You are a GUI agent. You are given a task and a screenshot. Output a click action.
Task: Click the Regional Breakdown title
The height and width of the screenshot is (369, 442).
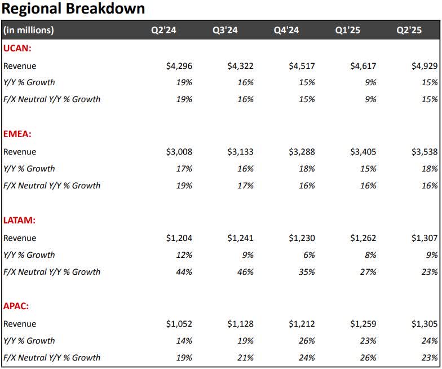pos(73,9)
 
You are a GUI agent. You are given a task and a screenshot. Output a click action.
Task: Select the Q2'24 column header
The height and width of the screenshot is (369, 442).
pos(163,30)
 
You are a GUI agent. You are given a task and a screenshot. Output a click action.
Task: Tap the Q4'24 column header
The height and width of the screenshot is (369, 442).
pos(286,30)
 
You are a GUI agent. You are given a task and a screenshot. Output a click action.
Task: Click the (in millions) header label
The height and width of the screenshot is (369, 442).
pos(29,30)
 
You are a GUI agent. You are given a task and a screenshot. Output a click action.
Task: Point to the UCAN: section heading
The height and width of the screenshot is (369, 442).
pos(17,49)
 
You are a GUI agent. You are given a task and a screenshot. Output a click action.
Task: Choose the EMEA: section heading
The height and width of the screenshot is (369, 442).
pos(18,135)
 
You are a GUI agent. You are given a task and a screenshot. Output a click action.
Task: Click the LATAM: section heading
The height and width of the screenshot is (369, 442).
pos(20,221)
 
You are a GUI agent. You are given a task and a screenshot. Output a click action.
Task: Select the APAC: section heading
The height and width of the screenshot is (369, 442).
pos(16,307)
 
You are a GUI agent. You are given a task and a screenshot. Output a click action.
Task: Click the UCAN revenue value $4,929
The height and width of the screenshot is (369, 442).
pos(425,66)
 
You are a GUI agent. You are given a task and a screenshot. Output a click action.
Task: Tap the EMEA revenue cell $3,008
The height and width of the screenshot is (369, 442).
pos(179,152)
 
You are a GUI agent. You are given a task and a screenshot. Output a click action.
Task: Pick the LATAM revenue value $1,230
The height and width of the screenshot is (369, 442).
pos(302,238)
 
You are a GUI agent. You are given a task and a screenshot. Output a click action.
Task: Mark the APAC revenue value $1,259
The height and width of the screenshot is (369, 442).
pos(363,324)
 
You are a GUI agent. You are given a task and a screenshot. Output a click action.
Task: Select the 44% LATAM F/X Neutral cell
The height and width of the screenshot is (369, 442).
pos(184,272)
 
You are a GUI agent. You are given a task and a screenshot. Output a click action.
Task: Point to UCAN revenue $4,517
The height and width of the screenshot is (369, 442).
pos(302,66)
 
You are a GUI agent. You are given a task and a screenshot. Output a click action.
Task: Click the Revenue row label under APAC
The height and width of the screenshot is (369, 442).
pos(20,324)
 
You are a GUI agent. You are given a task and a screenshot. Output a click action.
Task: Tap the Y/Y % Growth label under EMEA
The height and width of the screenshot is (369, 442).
pos(29,169)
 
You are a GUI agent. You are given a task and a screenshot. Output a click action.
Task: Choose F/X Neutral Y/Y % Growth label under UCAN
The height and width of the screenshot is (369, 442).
pos(52,99)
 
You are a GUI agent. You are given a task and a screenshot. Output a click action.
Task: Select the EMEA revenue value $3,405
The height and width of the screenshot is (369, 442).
pos(363,152)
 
